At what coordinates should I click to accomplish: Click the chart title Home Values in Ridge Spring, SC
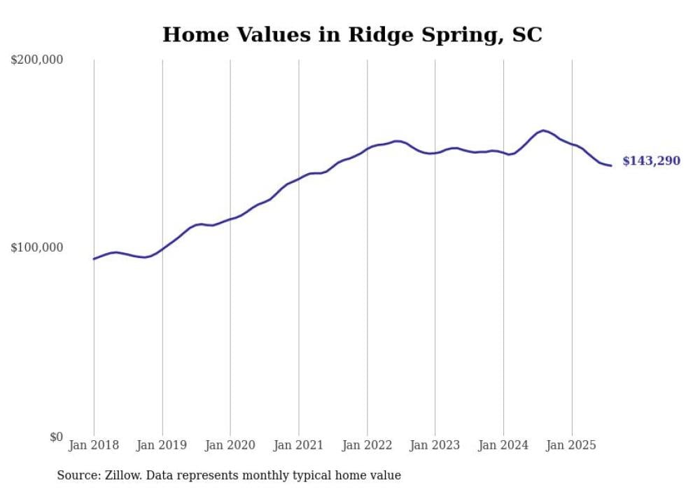click(x=352, y=34)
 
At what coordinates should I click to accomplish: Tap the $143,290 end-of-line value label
click(x=651, y=161)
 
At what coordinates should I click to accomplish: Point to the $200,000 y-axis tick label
click(x=37, y=60)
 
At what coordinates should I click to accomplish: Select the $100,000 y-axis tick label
click(x=37, y=248)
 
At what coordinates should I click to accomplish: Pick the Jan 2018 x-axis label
click(x=94, y=445)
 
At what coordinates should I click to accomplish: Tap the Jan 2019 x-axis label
click(x=162, y=445)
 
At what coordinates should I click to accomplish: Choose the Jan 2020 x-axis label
click(x=230, y=445)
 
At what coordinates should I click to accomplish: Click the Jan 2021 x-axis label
click(x=299, y=445)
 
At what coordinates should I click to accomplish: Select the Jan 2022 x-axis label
click(x=367, y=445)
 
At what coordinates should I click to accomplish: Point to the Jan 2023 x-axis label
click(x=435, y=445)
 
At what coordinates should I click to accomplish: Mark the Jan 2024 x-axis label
click(x=503, y=445)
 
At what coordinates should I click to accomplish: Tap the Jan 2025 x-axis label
click(x=571, y=445)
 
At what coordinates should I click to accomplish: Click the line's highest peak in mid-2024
click(x=543, y=130)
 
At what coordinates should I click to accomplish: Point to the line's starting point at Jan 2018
click(x=94, y=259)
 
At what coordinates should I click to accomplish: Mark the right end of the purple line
click(x=611, y=165)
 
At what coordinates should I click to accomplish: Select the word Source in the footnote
click(x=77, y=475)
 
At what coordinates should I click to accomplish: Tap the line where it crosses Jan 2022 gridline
click(x=367, y=149)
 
